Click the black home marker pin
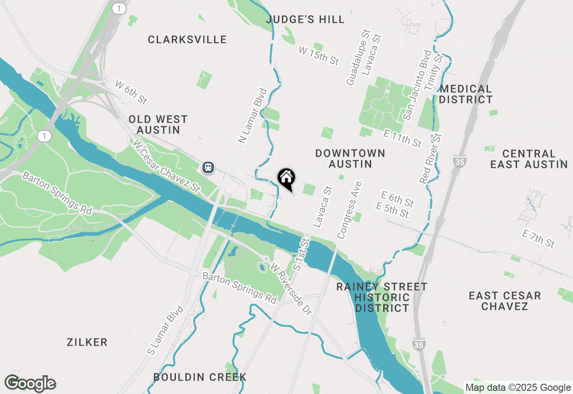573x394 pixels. [x=286, y=178]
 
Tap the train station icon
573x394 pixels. [x=208, y=167]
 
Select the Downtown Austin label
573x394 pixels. [x=350, y=158]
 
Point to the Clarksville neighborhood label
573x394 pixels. [x=187, y=39]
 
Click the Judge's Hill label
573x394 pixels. [x=305, y=19]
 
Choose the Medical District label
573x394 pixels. [x=466, y=94]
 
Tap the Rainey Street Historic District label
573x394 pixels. [x=382, y=297]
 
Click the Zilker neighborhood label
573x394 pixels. [x=87, y=343]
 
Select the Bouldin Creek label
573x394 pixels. [x=200, y=377]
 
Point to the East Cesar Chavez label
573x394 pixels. [x=505, y=301]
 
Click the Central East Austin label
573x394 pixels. [x=529, y=159]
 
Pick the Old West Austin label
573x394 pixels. [x=158, y=124]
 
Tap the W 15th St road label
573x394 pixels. [x=319, y=56]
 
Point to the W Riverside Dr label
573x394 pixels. [x=291, y=288]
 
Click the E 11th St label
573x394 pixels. [x=402, y=137]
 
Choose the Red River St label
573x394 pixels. [x=431, y=158]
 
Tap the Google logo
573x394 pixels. [x=30, y=383]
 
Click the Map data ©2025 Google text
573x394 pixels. [x=518, y=387]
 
